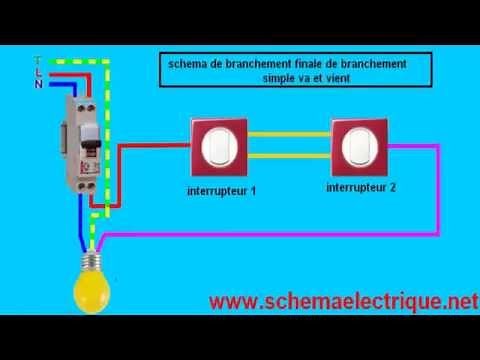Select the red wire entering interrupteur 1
pos(170,145)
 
